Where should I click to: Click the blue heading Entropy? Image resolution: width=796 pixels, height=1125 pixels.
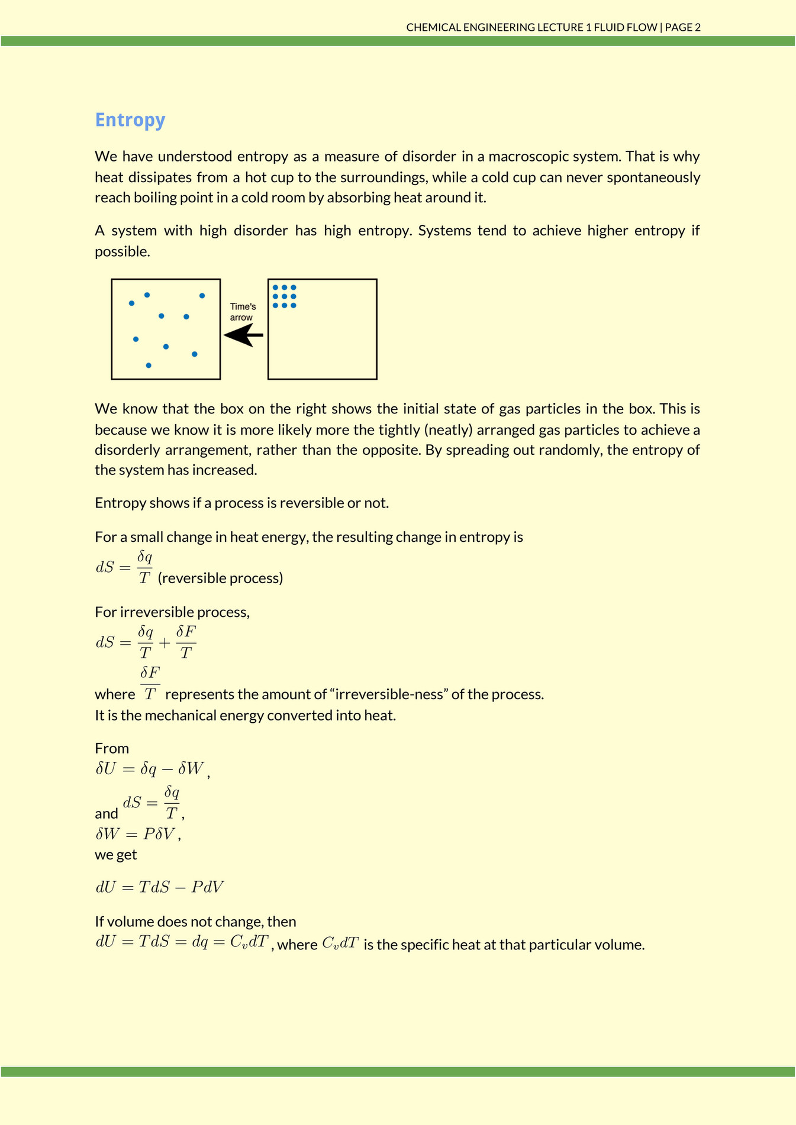pyautogui.click(x=130, y=120)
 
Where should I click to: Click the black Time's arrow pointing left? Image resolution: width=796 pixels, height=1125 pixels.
pyautogui.click(x=243, y=336)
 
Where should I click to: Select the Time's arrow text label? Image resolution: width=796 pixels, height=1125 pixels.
pyautogui.click(x=243, y=312)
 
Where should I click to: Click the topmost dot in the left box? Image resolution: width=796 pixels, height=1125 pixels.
pyautogui.click(x=147, y=295)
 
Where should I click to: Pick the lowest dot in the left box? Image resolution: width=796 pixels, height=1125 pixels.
pyautogui.click(x=149, y=366)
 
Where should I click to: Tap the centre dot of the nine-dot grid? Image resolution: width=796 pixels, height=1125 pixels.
pyautogui.click(x=285, y=296)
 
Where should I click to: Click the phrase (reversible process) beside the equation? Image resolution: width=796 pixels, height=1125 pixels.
pyautogui.click(x=220, y=578)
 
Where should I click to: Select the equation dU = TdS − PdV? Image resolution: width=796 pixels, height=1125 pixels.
pyautogui.click(x=160, y=887)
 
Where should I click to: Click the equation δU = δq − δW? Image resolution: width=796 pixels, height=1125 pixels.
pyautogui.click(x=150, y=769)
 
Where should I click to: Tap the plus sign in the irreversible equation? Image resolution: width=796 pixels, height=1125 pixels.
pyautogui.click(x=164, y=642)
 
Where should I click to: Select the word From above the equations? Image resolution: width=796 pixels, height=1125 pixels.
pyautogui.click(x=112, y=749)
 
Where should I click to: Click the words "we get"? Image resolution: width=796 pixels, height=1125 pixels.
pyautogui.click(x=116, y=855)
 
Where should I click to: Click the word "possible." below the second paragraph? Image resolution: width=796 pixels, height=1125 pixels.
pyautogui.click(x=123, y=251)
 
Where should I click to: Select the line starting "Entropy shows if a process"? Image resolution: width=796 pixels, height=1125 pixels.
pyautogui.click(x=241, y=503)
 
